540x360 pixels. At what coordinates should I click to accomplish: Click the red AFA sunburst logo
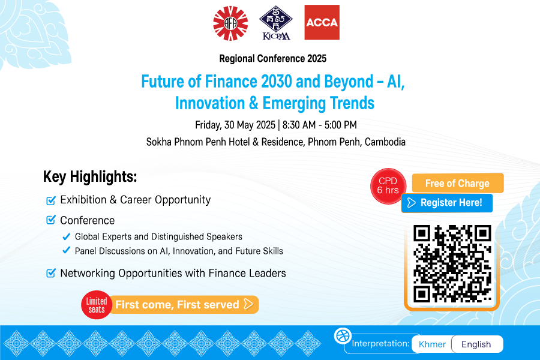(230, 23)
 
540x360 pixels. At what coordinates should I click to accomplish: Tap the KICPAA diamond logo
(276, 23)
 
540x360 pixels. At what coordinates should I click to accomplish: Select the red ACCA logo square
(322, 22)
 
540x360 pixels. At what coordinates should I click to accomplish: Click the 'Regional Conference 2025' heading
(273, 59)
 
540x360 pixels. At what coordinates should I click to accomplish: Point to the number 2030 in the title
(277, 82)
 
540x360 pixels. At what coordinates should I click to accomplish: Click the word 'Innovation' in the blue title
(210, 103)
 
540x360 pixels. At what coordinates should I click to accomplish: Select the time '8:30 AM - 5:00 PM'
(320, 125)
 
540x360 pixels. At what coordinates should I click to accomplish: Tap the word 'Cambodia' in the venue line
(385, 142)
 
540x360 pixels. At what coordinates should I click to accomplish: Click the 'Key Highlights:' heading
(90, 177)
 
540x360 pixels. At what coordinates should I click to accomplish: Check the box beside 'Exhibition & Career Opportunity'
(51, 200)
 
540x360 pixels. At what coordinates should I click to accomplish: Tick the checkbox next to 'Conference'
(51, 220)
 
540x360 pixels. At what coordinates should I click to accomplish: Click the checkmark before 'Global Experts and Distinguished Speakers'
(67, 236)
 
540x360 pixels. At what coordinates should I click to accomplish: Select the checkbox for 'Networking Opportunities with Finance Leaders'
(51, 273)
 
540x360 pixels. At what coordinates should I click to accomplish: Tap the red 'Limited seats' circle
(97, 305)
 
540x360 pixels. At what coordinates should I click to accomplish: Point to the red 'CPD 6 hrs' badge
(388, 186)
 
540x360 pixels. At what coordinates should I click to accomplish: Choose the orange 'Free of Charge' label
(458, 183)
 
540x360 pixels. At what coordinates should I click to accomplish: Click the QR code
(452, 264)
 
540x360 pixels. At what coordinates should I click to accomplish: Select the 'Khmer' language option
(432, 344)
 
